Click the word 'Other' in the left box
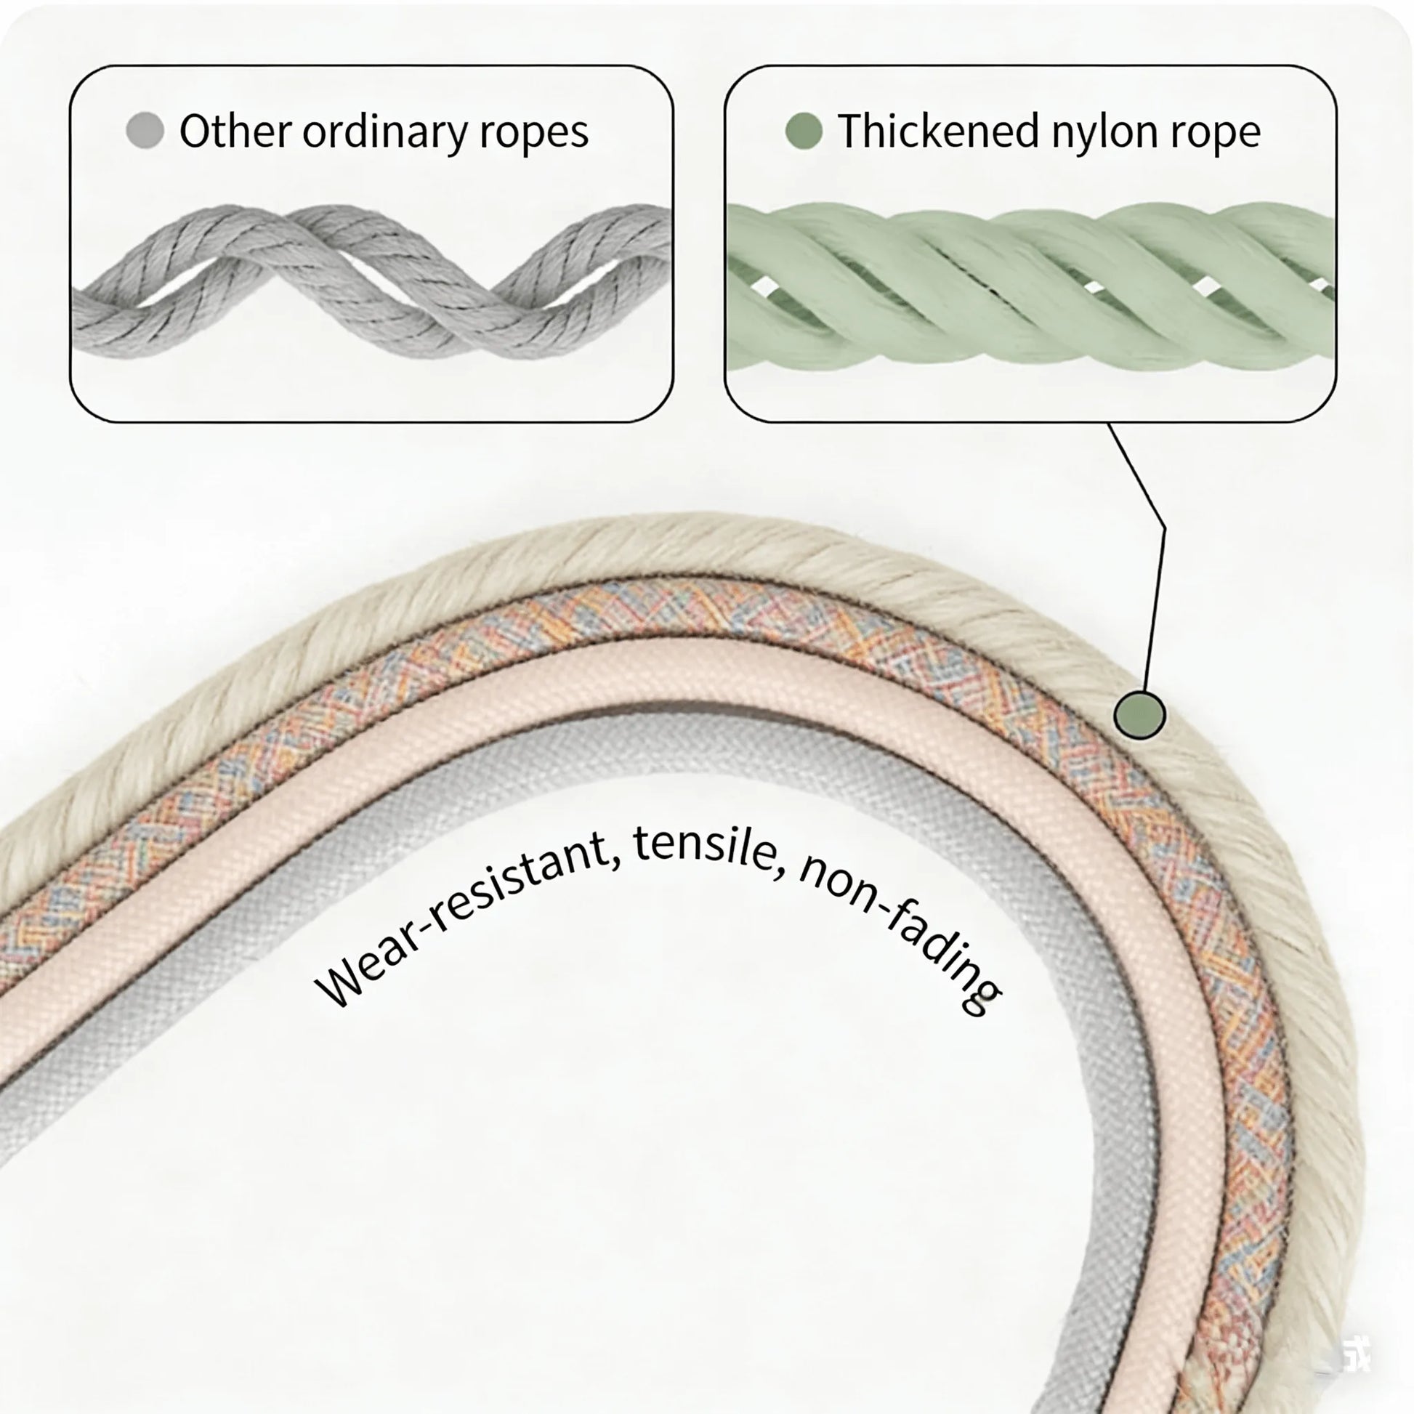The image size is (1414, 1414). (235, 132)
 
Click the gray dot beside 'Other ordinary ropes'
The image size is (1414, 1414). (145, 132)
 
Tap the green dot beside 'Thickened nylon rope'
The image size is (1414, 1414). (804, 132)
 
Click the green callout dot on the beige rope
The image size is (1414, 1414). (1139, 714)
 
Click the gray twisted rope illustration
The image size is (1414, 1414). (371, 282)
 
